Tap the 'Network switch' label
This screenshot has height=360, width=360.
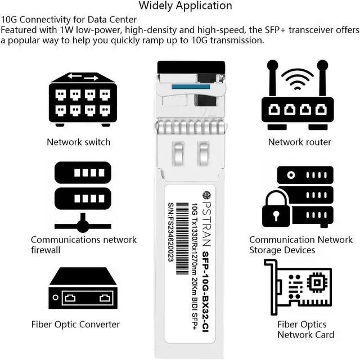click(78, 142)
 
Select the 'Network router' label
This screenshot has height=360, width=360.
click(299, 142)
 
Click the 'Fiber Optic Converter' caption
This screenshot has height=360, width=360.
click(75, 324)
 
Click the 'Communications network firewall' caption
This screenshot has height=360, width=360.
click(83, 245)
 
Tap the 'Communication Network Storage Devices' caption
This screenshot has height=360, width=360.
click(301, 245)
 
